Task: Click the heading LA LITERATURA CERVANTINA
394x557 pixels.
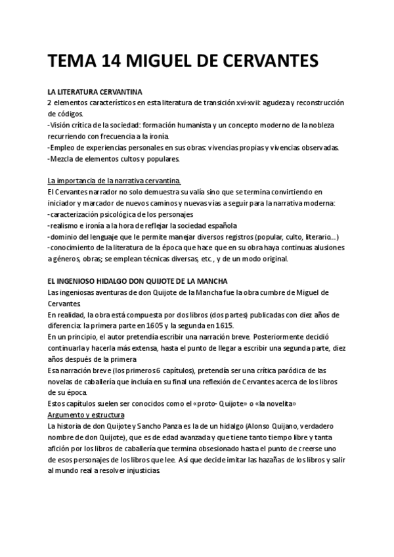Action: point(95,93)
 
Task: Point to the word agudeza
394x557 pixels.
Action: point(276,104)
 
